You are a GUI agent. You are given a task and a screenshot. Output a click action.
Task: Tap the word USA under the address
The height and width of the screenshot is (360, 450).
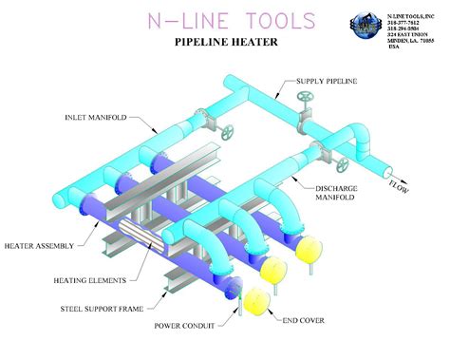click(393, 46)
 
